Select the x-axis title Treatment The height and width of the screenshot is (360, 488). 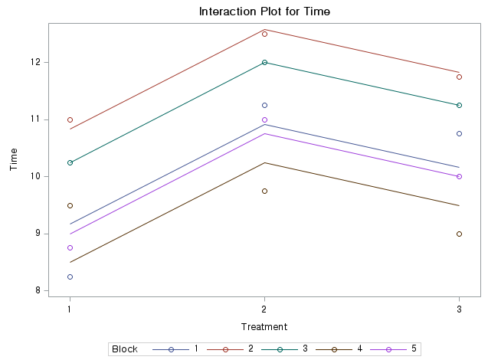[x=264, y=326]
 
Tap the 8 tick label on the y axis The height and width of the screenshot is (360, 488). [x=38, y=290]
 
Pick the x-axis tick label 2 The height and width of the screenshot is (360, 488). [x=264, y=309]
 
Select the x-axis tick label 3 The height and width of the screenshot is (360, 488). [x=459, y=309]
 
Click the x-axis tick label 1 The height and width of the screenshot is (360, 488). [x=70, y=309]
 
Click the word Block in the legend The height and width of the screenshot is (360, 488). [x=125, y=349]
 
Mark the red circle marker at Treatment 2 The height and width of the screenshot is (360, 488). [x=264, y=34]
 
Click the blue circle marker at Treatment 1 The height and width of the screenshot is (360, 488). [x=70, y=277]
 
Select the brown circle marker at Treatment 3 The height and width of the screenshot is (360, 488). [x=459, y=234]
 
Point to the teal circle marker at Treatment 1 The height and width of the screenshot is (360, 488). [x=70, y=162]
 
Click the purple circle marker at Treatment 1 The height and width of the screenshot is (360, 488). [x=70, y=247]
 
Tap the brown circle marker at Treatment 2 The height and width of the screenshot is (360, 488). [x=264, y=191]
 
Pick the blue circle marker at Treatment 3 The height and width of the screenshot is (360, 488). [x=459, y=133]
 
